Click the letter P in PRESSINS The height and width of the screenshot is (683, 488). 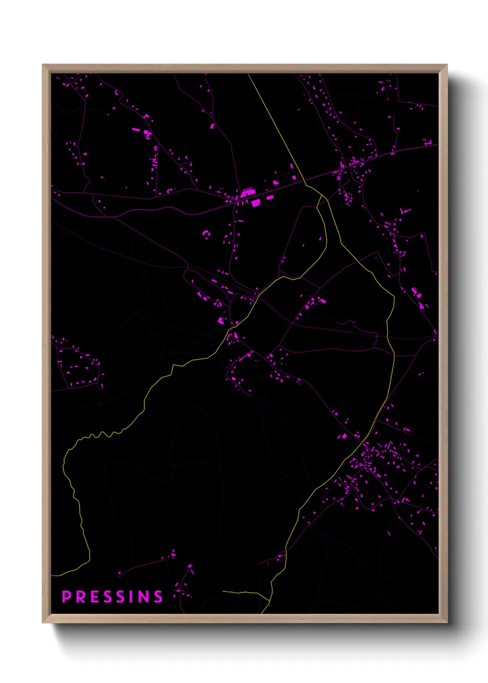point(66,597)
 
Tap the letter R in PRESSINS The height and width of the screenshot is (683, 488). point(80,597)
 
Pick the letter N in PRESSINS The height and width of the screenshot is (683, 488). point(143,597)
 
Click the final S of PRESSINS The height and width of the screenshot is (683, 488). point(158,597)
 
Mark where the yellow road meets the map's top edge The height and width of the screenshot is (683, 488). point(248,74)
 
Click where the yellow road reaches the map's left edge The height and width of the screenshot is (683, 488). point(52,575)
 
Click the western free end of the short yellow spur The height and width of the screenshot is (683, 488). point(223,591)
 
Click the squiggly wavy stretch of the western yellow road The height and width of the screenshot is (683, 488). point(101,434)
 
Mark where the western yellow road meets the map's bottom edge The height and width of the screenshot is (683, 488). point(262,613)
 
